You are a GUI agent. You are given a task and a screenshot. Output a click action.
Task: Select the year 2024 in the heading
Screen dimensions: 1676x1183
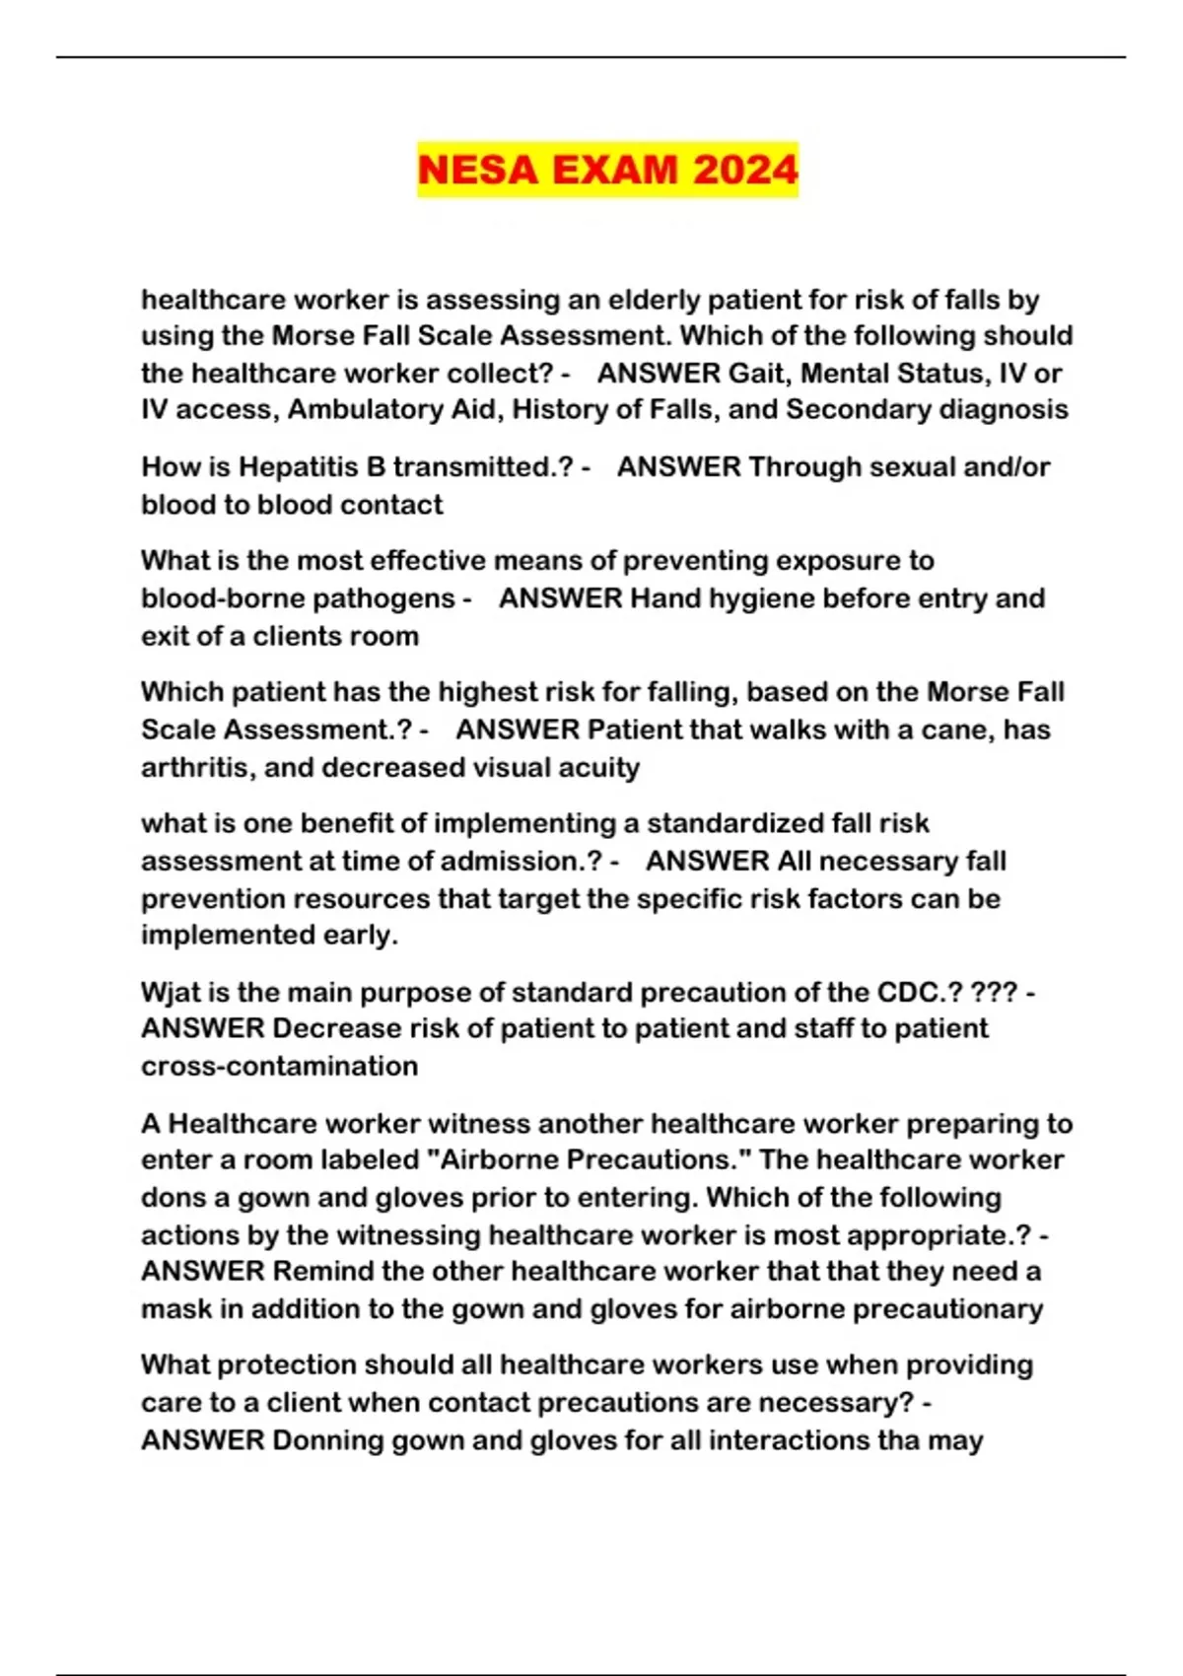click(744, 170)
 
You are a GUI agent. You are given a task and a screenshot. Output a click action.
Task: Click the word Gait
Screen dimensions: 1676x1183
click(756, 374)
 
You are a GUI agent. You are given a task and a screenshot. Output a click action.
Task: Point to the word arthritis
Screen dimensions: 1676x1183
click(194, 768)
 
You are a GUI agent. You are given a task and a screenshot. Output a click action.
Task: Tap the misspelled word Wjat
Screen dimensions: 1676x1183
click(172, 993)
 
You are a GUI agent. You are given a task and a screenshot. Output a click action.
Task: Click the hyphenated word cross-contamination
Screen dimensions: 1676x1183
click(279, 1067)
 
